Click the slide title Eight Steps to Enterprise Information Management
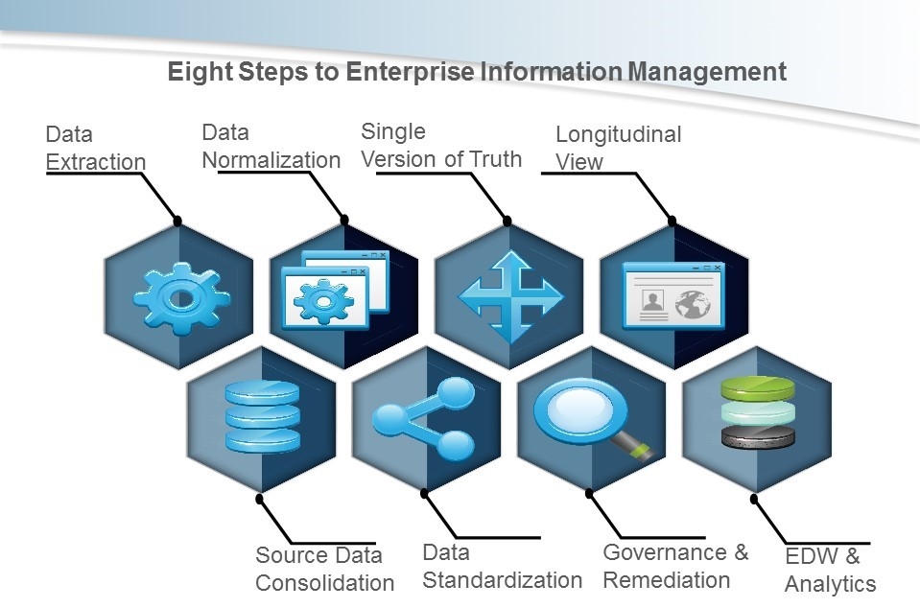coord(477,73)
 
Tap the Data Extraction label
coord(95,148)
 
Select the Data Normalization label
coord(271,146)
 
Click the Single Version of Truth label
coord(440,145)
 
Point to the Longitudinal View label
coord(618,148)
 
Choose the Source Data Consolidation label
coord(324,569)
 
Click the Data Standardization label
coord(502,566)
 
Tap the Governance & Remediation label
coord(675,566)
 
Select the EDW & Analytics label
coord(830,570)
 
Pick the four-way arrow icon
coord(508,297)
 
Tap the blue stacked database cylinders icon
coord(261,416)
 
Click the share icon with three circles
coord(426,417)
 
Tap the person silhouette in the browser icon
coord(653,303)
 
